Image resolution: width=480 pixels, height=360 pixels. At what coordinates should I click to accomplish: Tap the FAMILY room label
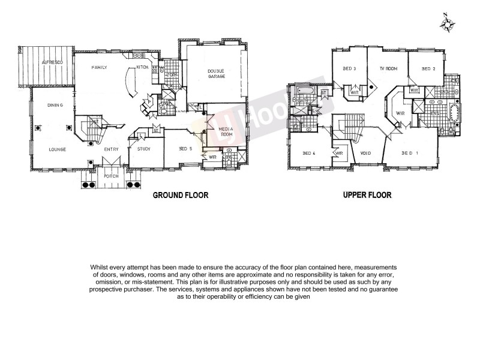coord(99,68)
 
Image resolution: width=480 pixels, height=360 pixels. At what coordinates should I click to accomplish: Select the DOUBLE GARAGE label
coord(216,75)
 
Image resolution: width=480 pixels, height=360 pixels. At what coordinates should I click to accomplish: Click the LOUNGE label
coord(58,149)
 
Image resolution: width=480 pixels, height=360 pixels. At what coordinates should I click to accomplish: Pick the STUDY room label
coord(143,149)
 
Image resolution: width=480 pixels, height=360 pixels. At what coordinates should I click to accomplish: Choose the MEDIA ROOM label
coord(226,133)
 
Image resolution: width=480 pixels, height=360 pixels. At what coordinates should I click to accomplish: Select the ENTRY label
coord(111,149)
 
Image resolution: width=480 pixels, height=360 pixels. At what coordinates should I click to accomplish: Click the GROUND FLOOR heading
coord(176,195)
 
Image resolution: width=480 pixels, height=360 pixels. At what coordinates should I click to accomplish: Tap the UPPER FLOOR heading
coord(367,195)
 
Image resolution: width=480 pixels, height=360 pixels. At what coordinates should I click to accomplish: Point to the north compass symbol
coord(447,23)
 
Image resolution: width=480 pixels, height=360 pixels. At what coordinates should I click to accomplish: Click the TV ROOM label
coord(389,68)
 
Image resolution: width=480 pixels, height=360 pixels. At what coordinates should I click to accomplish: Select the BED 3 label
coord(350,68)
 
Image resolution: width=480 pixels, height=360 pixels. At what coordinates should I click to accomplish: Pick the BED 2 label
coord(428,68)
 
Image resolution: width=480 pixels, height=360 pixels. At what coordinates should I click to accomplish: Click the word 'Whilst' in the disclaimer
coord(100,266)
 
